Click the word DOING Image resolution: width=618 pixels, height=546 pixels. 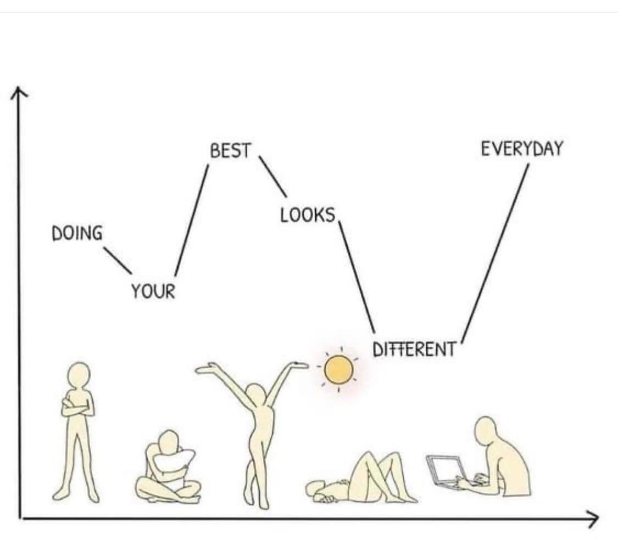click(x=77, y=233)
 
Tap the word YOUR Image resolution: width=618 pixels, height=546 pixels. click(x=153, y=292)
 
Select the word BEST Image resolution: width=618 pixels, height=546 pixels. click(x=231, y=151)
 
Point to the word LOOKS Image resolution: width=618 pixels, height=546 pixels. click(x=308, y=215)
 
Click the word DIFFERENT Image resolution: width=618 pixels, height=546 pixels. click(x=414, y=349)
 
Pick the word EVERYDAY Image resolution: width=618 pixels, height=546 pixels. click(x=522, y=149)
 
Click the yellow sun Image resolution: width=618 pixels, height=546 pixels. click(x=338, y=370)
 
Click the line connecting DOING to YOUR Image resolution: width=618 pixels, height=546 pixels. click(x=118, y=260)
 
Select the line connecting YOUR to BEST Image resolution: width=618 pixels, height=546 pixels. click(x=192, y=221)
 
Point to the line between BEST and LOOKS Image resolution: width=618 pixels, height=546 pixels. click(x=272, y=176)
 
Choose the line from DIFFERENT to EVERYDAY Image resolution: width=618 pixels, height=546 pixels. click(x=495, y=254)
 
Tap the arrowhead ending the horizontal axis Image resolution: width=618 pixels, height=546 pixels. click(x=592, y=519)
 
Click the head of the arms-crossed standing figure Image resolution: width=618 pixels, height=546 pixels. click(x=79, y=375)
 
